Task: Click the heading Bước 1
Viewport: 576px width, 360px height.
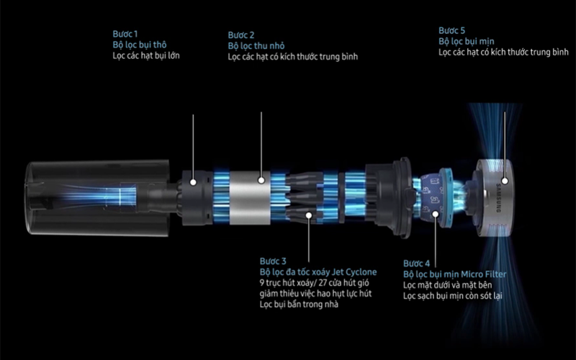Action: [x=125, y=34]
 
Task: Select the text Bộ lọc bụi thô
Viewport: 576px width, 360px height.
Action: [x=140, y=45]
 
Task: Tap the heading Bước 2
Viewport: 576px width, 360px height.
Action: [x=241, y=35]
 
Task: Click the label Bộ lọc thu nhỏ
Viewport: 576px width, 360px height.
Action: [x=256, y=46]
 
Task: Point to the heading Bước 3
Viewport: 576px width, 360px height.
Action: [x=273, y=261]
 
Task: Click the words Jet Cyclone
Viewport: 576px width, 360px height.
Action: [x=354, y=272]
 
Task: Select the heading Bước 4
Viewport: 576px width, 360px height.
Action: [x=417, y=264]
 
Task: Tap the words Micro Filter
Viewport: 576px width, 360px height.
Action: [x=484, y=274]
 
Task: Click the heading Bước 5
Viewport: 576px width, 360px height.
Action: [x=452, y=30]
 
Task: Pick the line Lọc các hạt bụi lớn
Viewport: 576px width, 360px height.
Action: [x=146, y=55]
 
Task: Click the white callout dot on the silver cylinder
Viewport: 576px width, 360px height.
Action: [x=261, y=180]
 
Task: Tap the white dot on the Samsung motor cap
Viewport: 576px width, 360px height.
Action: [x=505, y=181]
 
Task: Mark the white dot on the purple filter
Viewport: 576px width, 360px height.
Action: [x=436, y=214]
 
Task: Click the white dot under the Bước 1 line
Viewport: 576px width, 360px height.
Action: [x=193, y=182]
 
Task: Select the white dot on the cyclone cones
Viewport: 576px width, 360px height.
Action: [x=309, y=215]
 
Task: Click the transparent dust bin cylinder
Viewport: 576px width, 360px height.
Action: [x=98, y=197]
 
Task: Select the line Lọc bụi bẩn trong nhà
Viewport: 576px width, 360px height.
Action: [x=299, y=304]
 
